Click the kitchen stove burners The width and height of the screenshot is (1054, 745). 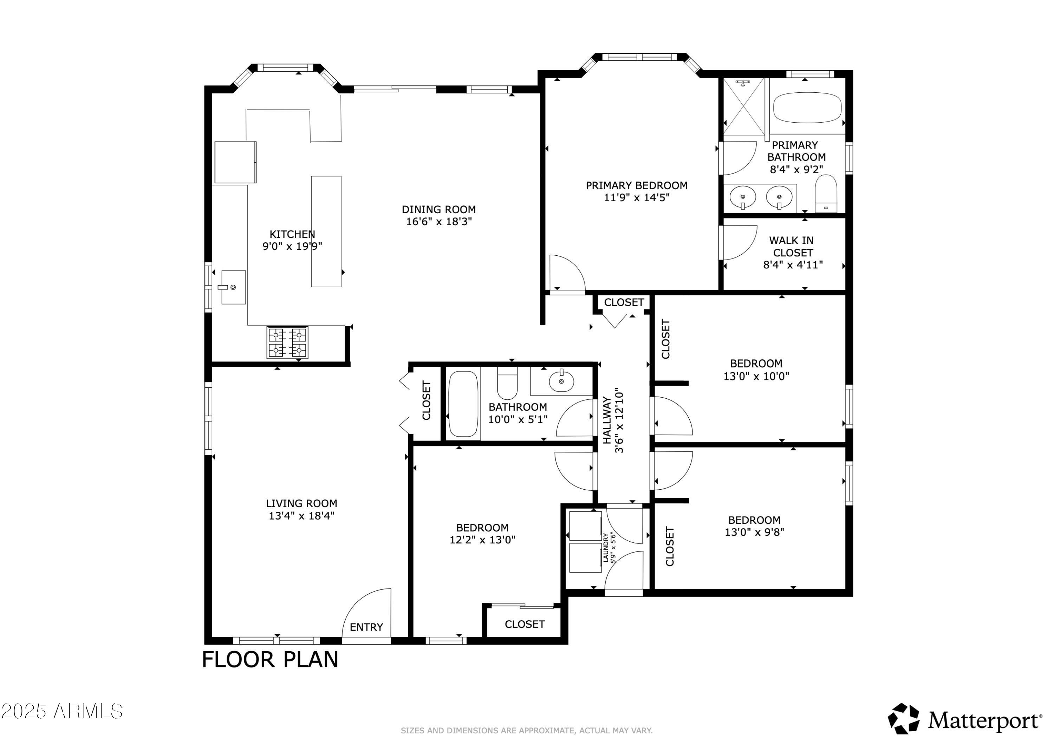(287, 342)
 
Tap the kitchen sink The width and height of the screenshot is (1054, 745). (233, 287)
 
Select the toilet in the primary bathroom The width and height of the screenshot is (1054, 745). (826, 194)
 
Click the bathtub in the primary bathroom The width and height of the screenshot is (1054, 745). (807, 108)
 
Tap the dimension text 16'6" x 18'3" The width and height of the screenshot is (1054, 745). (439, 222)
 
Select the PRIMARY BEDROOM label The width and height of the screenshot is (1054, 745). (636, 185)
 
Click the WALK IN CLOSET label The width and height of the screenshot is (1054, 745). (792, 247)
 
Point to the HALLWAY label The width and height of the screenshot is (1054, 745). (607, 421)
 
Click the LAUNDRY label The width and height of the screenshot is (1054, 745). (605, 548)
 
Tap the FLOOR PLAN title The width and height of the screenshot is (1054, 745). (270, 660)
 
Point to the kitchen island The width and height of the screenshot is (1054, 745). (326, 231)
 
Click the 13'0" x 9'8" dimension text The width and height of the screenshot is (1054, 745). (754, 532)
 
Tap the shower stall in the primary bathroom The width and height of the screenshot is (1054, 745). (744, 107)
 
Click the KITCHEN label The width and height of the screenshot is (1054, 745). (292, 234)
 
